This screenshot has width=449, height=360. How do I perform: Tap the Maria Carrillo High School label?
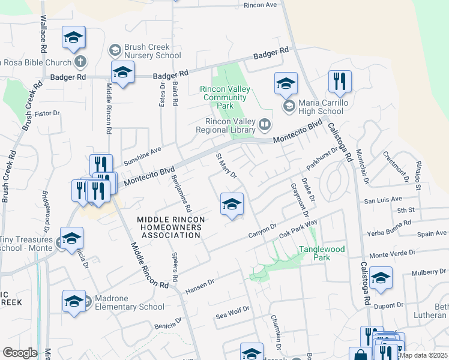pyautogui.click(x=321, y=106)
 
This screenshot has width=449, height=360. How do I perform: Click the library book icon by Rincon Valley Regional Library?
pyautogui.click(x=265, y=125)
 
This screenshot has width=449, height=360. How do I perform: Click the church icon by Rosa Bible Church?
pyautogui.click(x=80, y=62)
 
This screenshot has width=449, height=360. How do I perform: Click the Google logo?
pyautogui.click(x=20, y=353)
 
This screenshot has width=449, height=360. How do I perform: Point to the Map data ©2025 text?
pyautogui.click(x=423, y=355)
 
